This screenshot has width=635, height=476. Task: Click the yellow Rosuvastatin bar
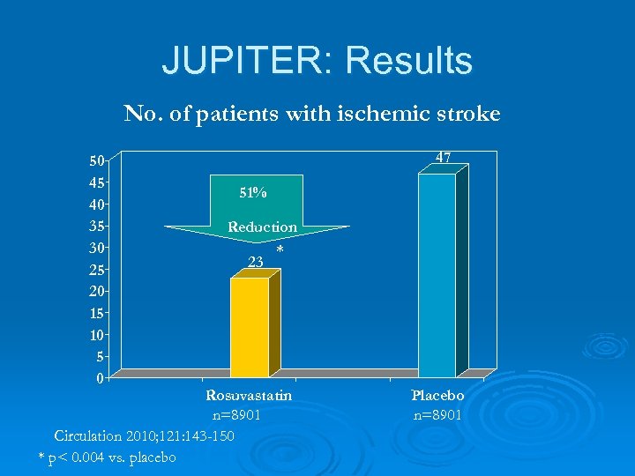coord(250,327)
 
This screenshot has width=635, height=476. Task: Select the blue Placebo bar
coord(437,275)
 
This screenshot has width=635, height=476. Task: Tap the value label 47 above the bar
coord(443,157)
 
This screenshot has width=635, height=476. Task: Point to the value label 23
coord(256,261)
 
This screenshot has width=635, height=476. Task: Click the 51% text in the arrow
coord(254,192)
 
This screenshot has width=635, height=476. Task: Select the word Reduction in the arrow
coord(262,227)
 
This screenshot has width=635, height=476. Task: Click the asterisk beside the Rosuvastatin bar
coord(280,250)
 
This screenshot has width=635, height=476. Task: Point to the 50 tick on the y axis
coord(95,160)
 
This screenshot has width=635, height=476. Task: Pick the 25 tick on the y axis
coord(95,270)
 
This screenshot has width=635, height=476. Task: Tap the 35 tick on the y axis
coord(95,226)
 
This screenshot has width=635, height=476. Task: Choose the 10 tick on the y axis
coord(95,335)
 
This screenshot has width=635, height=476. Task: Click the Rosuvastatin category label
coord(249,396)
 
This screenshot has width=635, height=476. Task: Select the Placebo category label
coord(437,396)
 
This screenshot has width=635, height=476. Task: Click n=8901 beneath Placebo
coord(437,415)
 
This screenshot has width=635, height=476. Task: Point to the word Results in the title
coord(409,61)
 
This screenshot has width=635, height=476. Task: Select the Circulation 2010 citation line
coord(144,435)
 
